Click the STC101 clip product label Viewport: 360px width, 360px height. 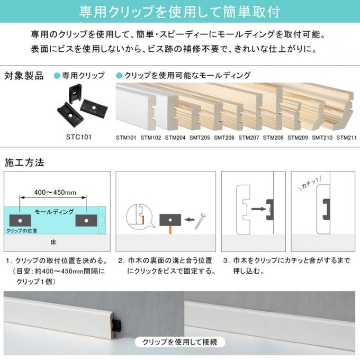79,137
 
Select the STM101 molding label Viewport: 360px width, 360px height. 126,138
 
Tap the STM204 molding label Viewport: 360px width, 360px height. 175,138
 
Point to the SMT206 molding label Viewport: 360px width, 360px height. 224,138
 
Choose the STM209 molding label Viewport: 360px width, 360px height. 298,138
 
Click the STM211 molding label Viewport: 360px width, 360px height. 346,138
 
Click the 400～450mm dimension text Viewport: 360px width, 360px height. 55,192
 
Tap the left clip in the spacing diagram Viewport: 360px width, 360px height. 20,220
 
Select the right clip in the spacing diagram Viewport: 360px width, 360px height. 86,220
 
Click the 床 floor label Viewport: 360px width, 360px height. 53,242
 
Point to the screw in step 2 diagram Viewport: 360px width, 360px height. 200,221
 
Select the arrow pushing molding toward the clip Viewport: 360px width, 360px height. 259,209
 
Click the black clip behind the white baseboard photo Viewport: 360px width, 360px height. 118,325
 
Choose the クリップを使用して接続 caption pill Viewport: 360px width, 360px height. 180,343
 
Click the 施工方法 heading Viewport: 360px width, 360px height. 24,163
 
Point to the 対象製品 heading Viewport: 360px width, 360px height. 24,76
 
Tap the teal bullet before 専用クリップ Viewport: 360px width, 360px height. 57,76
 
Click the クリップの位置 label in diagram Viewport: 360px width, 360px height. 22,231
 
